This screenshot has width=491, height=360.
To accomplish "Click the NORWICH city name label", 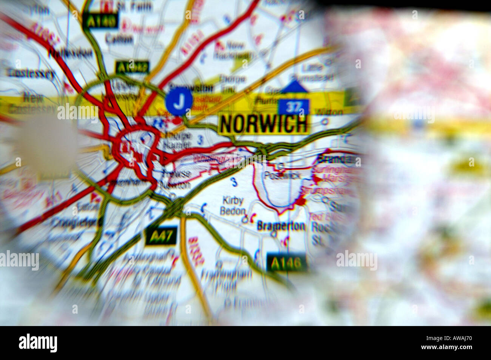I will [x=263, y=124].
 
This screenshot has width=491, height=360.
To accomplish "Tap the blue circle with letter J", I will [x=179, y=102].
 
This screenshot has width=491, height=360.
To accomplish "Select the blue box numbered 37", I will [x=294, y=108].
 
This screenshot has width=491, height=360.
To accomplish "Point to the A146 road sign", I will [x=286, y=263].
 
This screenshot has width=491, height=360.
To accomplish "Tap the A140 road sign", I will [x=100, y=21].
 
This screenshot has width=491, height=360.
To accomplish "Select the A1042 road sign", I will [x=133, y=68].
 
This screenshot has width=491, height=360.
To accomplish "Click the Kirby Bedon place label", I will [x=233, y=206].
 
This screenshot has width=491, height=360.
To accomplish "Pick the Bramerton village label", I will [x=281, y=226].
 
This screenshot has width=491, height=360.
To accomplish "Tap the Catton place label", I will [x=119, y=38].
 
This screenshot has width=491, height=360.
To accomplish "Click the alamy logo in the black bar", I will [x=38, y=343].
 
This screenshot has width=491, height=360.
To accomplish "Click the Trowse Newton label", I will [x=174, y=179].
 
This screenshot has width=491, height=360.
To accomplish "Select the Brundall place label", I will [x=338, y=158].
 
